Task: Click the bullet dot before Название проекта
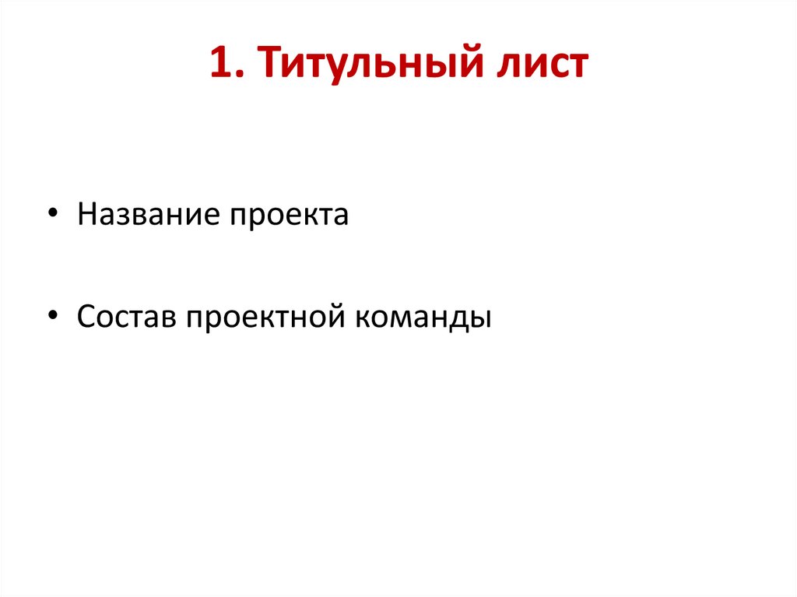(52, 215)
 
